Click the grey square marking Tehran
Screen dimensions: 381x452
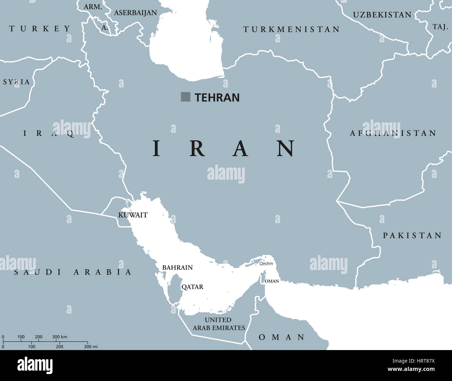tap(185, 97)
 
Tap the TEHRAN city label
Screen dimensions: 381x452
tap(217, 98)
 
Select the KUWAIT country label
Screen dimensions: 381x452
tap(133, 215)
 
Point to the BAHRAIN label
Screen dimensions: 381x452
tap(177, 268)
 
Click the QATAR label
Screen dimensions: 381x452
tap(192, 287)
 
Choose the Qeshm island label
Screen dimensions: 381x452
tap(266, 264)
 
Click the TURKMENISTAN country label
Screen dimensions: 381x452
tap(291, 30)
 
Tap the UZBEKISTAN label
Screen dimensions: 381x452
tap(382, 15)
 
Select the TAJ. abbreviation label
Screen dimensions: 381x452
tap(440, 27)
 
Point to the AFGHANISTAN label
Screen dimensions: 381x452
tap(393, 133)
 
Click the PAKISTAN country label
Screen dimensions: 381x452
tap(412, 236)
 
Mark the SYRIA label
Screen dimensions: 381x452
tap(16, 82)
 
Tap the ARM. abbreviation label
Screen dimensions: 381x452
tap(92, 7)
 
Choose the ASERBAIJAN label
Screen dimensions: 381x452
tap(136, 13)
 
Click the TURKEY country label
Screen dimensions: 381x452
tap(40, 29)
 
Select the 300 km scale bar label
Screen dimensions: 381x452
tap(59, 337)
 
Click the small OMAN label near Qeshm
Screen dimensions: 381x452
tap(272, 281)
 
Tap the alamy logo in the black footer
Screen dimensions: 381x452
tap(35, 365)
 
